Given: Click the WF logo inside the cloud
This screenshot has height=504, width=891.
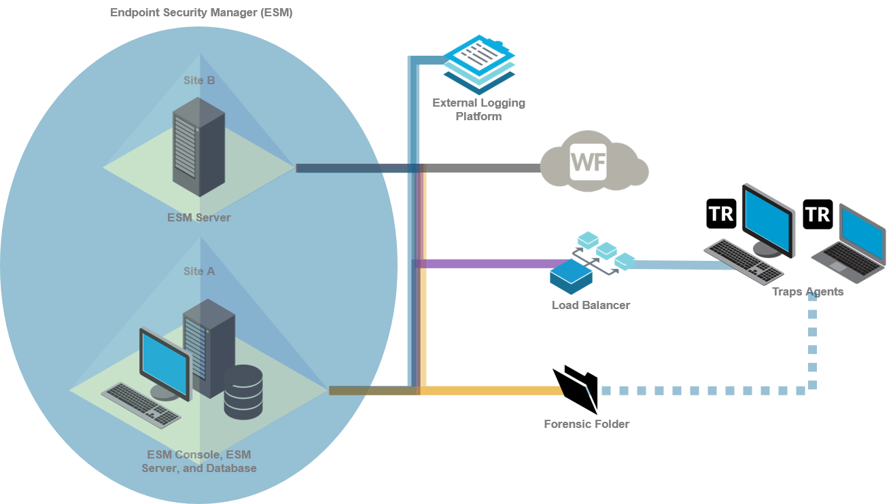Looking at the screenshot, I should (x=588, y=162).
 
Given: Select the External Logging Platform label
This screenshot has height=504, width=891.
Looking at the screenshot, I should (x=478, y=109).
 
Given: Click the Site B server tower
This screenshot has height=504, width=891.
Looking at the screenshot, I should (x=198, y=146).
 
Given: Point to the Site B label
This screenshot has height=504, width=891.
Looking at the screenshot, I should (x=199, y=80).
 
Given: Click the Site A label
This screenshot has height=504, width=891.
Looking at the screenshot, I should (x=199, y=271).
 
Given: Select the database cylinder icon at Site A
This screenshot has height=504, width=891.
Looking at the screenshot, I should (x=243, y=391).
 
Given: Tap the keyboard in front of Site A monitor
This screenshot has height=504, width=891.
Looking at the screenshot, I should (x=141, y=404).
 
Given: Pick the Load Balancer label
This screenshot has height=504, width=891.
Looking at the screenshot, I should (x=591, y=305).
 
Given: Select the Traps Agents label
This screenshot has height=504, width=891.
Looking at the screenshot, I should (x=807, y=291).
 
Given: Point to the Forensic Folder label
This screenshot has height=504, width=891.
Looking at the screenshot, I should (x=587, y=424).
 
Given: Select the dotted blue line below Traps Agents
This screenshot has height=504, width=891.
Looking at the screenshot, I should (x=812, y=346).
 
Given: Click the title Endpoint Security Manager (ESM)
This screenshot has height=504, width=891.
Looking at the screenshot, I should (x=201, y=12).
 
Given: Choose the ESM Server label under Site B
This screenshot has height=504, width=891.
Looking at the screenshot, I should (x=199, y=217).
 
